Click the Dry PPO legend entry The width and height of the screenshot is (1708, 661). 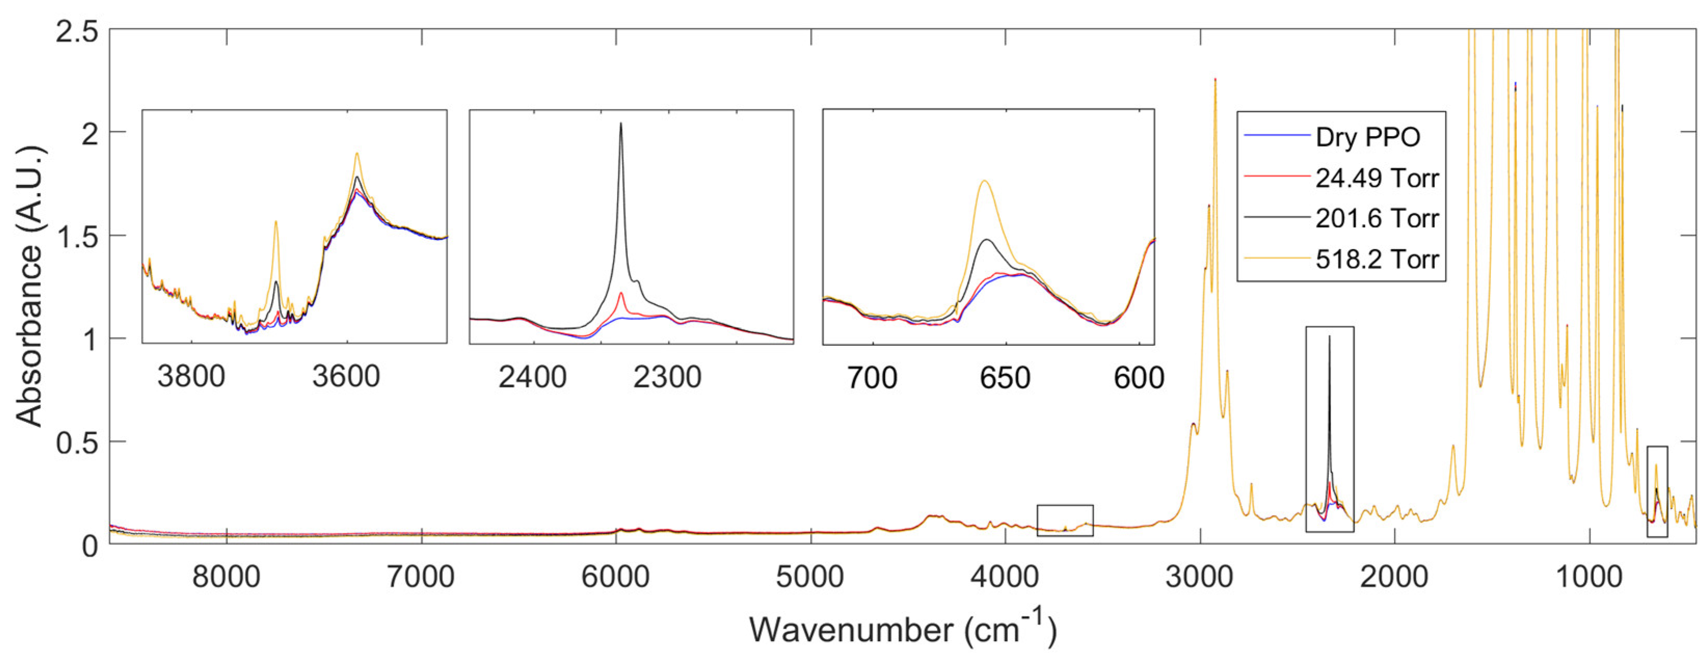tap(1367, 137)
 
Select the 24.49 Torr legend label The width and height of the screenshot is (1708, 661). tap(1377, 178)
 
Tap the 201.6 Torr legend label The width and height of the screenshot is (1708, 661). tap(1377, 218)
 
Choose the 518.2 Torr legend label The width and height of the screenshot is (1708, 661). tap(1377, 259)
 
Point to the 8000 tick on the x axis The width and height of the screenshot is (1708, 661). tap(226, 576)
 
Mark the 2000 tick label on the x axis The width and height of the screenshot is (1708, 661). tap(1394, 576)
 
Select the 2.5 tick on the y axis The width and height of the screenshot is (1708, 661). tap(76, 31)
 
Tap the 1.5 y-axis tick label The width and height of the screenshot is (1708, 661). tap(76, 236)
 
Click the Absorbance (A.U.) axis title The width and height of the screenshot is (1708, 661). tap(29, 286)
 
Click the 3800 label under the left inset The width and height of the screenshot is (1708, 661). tap(191, 376)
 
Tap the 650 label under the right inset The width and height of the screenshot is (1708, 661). tap(1005, 378)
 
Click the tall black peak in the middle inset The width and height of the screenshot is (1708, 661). tap(621, 126)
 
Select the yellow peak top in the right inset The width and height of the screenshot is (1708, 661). tap(985, 182)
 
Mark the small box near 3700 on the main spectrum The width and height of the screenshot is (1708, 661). tap(1065, 520)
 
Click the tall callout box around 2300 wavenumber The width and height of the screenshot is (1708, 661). tap(1329, 429)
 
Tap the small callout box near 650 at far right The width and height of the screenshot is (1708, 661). tap(1657, 491)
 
